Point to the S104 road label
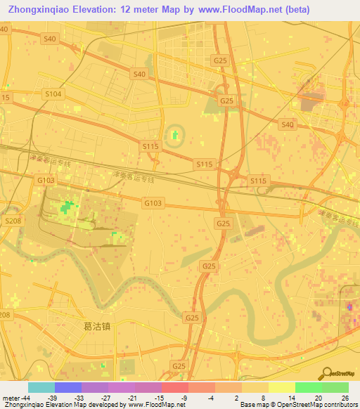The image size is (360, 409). pos(53,93)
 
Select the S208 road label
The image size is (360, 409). pos(13,221)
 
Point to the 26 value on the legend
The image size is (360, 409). pos(345,397)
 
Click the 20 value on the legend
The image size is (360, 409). pos(319,397)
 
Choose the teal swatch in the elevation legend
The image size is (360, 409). pos(41,387)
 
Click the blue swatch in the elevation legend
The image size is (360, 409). pos(67,387)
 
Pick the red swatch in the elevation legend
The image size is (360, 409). pos(174,387)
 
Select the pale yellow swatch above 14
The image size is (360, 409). pos(281,387)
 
